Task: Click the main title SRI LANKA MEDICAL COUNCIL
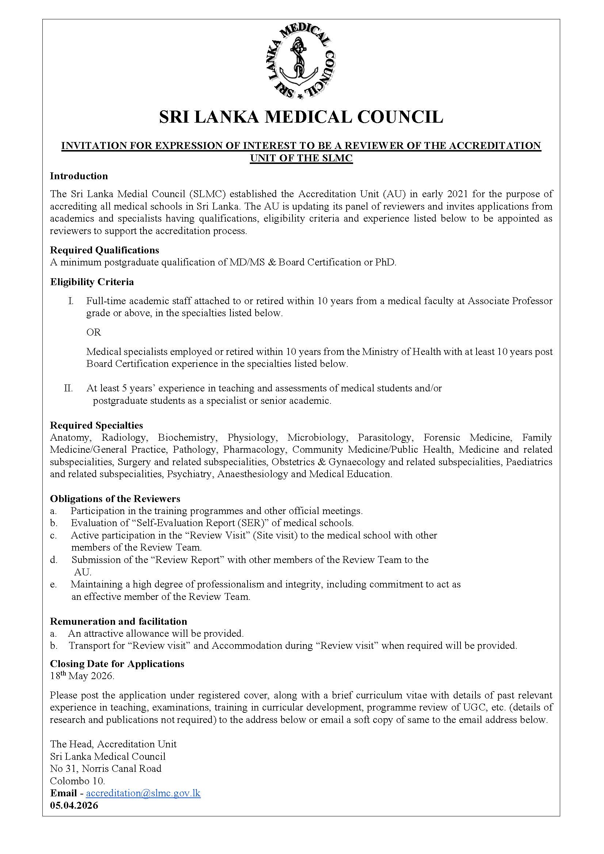click(301, 117)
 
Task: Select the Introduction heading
click(79, 176)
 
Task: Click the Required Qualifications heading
click(104, 250)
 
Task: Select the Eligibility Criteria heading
click(92, 282)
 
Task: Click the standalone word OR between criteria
click(94, 332)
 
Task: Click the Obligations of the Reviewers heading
click(115, 499)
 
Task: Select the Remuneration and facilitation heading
click(118, 621)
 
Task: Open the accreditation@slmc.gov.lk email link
click(143, 793)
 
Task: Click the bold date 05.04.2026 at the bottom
click(74, 806)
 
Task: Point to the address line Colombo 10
click(77, 781)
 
